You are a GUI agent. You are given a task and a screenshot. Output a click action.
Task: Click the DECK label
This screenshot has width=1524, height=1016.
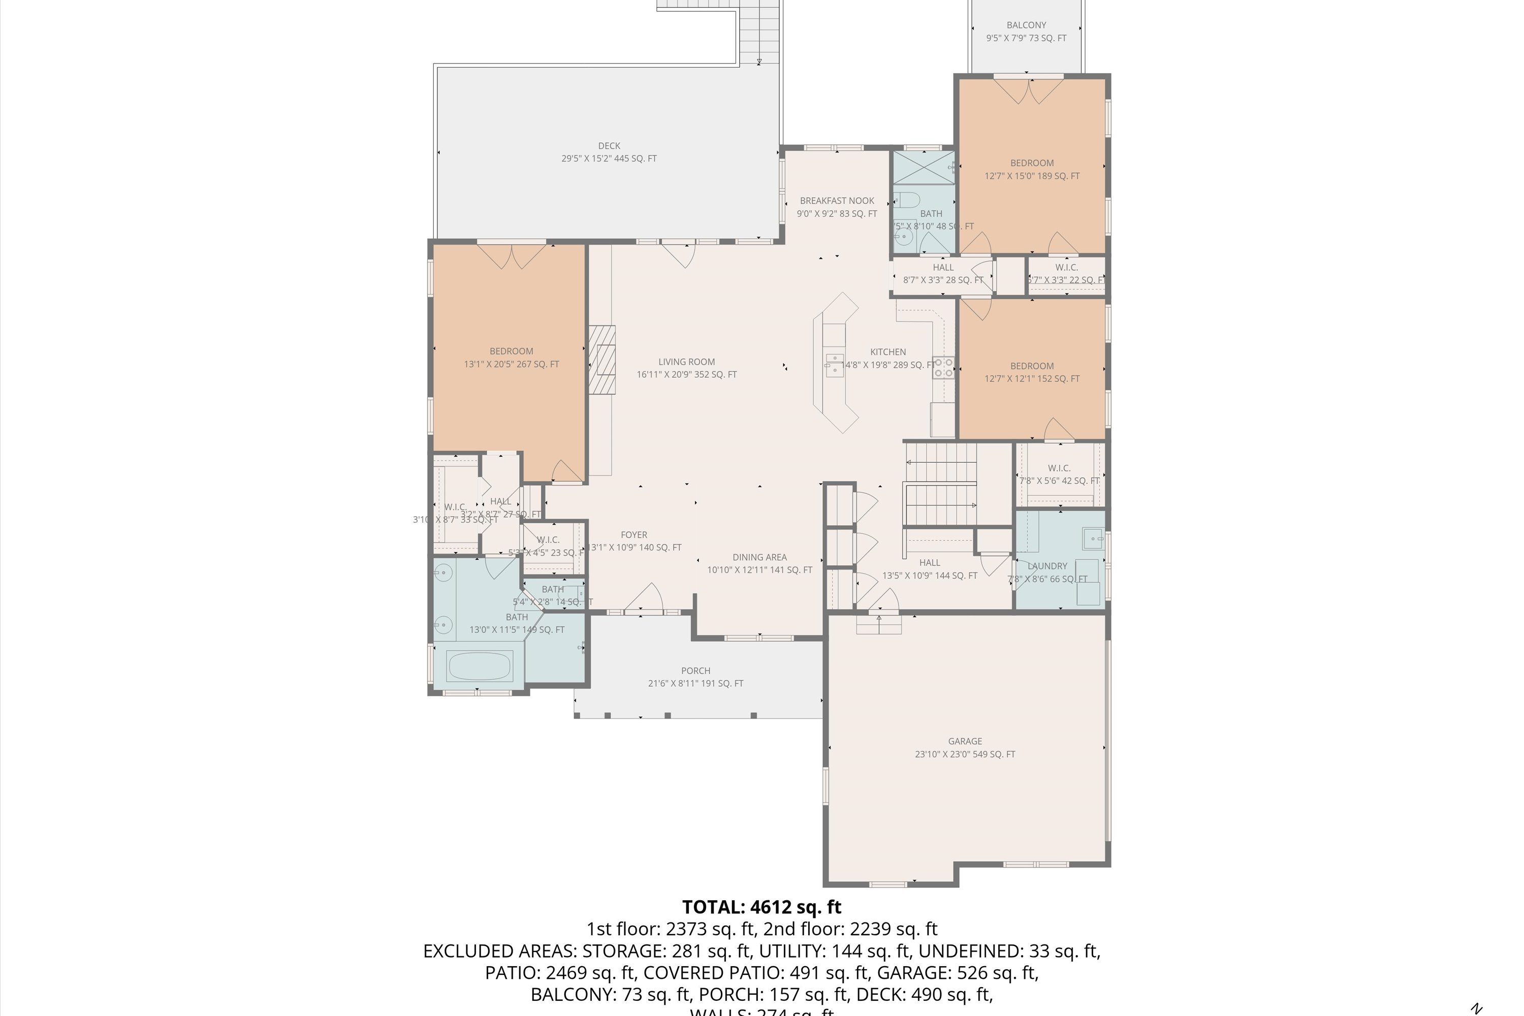609,146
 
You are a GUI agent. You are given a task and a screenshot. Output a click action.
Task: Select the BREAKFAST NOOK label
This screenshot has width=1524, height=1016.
837,201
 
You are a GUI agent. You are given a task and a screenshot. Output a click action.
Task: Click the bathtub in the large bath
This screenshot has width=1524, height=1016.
480,665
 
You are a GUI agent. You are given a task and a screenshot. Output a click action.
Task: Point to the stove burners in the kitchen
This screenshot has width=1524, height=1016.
943,367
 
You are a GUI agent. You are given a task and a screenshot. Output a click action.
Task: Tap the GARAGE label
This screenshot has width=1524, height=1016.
965,741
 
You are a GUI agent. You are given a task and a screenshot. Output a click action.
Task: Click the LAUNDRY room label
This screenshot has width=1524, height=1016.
1047,566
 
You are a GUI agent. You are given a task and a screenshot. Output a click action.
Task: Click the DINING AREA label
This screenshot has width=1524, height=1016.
759,557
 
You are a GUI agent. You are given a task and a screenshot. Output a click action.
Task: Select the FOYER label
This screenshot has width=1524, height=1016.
633,534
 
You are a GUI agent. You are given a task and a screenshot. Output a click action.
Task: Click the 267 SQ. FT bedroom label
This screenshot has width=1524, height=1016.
511,364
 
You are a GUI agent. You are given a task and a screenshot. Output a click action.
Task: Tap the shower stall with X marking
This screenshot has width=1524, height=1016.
924,167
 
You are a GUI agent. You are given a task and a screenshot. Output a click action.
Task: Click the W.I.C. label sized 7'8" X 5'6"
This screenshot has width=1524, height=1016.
1059,468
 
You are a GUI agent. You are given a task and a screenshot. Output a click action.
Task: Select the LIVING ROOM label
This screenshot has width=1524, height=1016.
686,362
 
